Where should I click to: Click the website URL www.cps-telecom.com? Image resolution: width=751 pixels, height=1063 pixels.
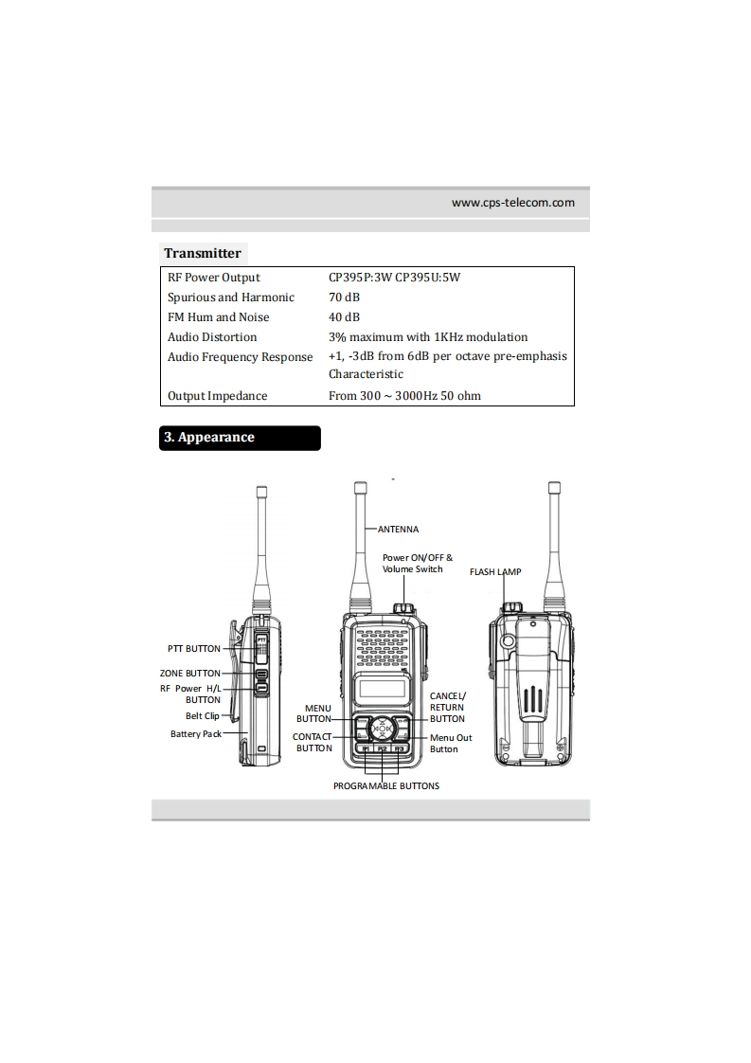(x=512, y=202)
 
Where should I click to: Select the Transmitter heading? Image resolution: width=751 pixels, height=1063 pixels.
(x=202, y=253)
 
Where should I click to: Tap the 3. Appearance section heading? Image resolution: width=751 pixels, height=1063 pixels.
(x=209, y=438)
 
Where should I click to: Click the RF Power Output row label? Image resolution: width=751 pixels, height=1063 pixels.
(x=214, y=278)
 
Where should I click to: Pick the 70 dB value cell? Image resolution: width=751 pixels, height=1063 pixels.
(x=344, y=297)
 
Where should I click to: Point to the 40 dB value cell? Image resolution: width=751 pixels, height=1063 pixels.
(x=344, y=317)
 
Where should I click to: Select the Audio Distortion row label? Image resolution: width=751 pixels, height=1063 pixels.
(x=212, y=337)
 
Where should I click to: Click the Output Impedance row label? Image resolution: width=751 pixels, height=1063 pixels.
(x=218, y=396)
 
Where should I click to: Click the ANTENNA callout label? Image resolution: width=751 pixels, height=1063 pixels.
(x=398, y=529)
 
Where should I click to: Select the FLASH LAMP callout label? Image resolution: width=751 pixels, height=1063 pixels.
(x=495, y=572)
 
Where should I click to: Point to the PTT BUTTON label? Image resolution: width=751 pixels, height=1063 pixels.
(x=193, y=649)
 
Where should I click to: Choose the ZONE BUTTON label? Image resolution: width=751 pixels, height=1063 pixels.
(x=189, y=674)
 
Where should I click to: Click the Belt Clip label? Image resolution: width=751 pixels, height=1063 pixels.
(x=202, y=716)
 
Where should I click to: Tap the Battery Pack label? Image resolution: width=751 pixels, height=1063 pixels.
(x=195, y=734)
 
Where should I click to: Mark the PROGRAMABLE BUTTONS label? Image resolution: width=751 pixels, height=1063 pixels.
(x=386, y=786)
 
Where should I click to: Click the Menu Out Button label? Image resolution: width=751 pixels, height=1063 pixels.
(x=450, y=743)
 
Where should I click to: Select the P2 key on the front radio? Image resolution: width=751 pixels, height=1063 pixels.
(x=382, y=749)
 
